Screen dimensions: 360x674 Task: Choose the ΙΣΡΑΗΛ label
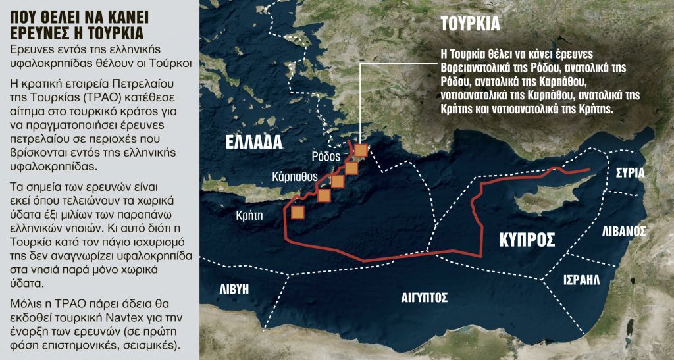[x=582, y=280]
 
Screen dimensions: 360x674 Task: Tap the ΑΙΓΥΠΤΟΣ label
[x=425, y=297]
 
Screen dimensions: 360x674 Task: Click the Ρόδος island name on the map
[x=326, y=157]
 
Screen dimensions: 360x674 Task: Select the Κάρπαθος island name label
[x=296, y=176]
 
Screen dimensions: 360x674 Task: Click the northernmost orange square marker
[x=361, y=150]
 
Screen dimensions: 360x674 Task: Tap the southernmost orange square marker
[x=298, y=212]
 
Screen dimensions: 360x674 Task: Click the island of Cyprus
[x=536, y=201]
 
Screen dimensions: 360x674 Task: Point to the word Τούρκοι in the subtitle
[x=168, y=64]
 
